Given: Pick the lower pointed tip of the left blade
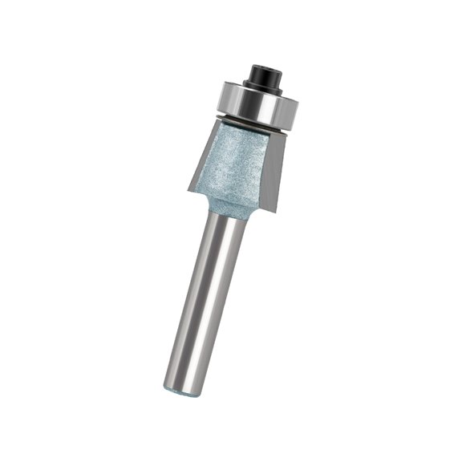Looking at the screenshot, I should pos(189,191).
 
